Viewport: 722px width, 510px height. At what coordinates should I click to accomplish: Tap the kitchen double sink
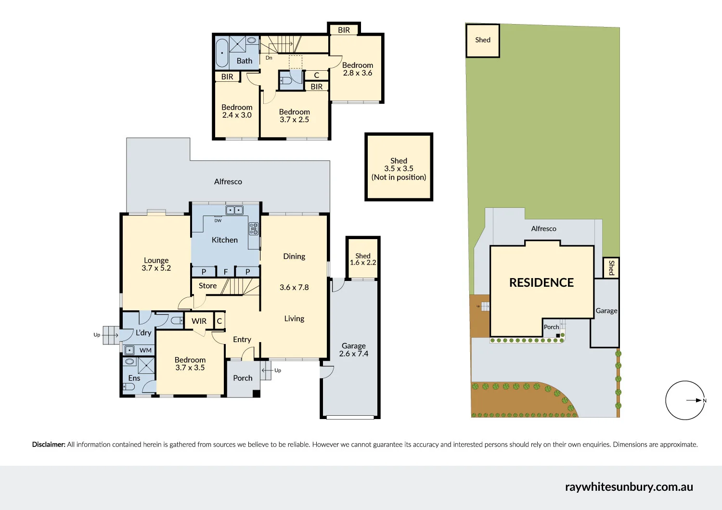(x=234, y=210)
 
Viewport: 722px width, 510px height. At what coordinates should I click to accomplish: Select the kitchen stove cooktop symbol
(x=253, y=229)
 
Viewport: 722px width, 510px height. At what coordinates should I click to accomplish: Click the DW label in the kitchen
(x=218, y=221)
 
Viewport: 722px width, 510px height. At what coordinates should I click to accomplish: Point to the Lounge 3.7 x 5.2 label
(x=156, y=264)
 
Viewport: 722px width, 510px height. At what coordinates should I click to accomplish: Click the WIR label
(x=199, y=321)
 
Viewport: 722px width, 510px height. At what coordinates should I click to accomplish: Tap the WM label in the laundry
(x=145, y=350)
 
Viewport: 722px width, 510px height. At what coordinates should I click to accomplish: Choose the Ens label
(x=134, y=378)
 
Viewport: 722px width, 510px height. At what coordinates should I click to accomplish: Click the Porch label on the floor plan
(x=243, y=378)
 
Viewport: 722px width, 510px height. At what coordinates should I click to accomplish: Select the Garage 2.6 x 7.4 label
(x=354, y=350)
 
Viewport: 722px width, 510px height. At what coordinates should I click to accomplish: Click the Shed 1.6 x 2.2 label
(x=363, y=259)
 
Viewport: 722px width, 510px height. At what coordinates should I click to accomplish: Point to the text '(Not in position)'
(x=399, y=177)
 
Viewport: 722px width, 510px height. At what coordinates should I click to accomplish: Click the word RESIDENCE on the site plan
(x=541, y=283)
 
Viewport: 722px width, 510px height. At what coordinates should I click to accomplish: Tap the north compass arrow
(x=696, y=400)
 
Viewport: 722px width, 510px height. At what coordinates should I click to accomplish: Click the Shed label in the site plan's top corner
(x=483, y=40)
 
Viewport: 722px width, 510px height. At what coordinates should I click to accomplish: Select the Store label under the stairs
(x=207, y=286)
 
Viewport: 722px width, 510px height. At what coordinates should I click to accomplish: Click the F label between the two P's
(x=225, y=272)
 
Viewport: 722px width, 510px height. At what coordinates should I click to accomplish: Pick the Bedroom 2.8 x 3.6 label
(x=358, y=69)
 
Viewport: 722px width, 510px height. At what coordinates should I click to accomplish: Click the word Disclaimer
(x=49, y=445)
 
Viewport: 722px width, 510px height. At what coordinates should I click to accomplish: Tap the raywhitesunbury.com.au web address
(x=629, y=487)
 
